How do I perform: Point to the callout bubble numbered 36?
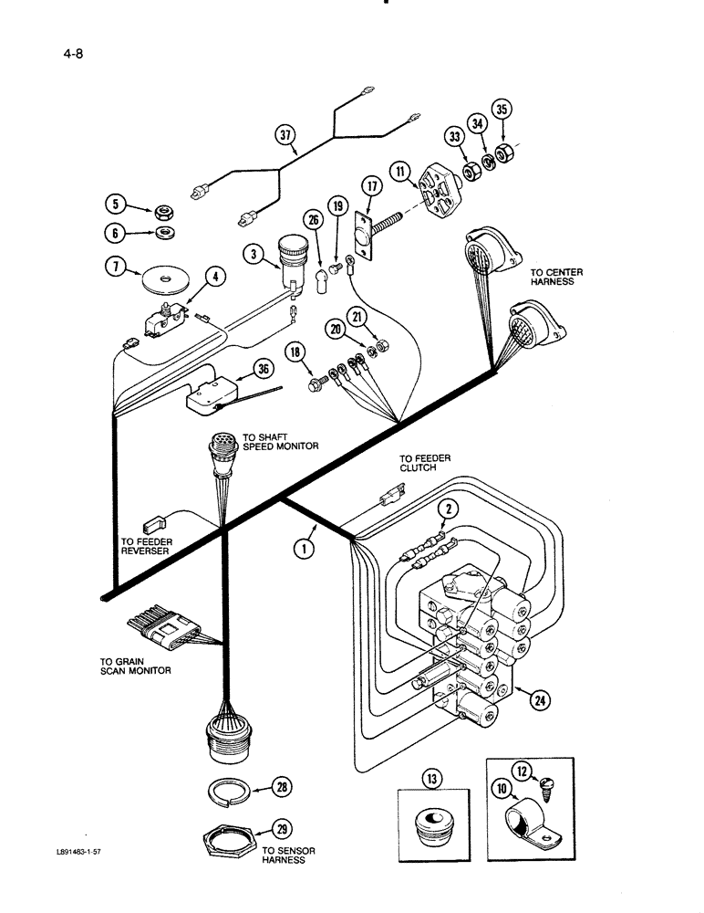click(x=266, y=370)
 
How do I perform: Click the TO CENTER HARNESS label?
click(x=553, y=277)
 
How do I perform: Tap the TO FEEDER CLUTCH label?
click(x=424, y=462)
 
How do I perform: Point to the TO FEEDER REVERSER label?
click(x=146, y=546)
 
